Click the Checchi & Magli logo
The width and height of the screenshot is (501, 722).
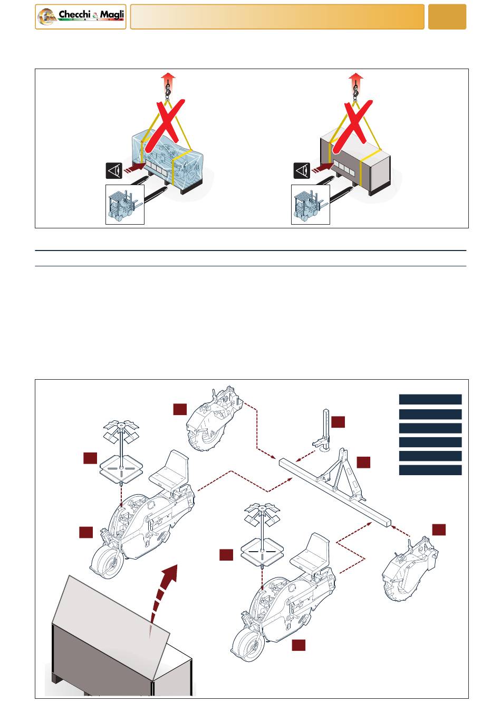click(80, 17)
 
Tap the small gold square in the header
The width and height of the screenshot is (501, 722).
click(447, 17)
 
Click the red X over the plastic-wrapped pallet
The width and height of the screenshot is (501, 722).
click(165, 126)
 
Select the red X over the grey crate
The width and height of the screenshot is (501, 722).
click(352, 127)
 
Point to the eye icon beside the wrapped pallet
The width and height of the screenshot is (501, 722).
click(114, 170)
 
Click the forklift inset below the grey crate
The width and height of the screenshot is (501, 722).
click(311, 204)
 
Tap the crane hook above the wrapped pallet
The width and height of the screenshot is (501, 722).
click(168, 90)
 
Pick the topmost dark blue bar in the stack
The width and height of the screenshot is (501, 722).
click(430, 399)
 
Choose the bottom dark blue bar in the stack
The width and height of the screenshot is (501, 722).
click(430, 470)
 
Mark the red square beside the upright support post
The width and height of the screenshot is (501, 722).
click(338, 422)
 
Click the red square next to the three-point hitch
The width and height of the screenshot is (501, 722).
click(363, 462)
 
